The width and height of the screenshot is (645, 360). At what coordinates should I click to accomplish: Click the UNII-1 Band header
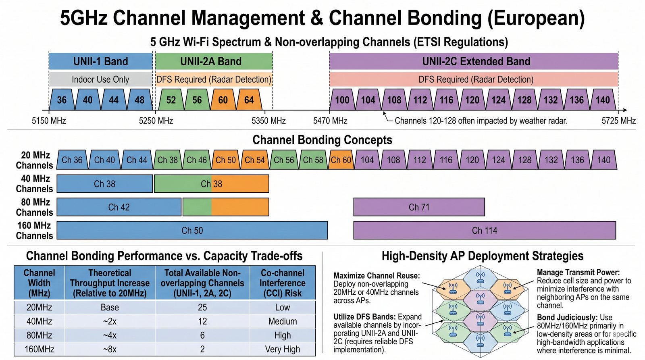click(x=100, y=61)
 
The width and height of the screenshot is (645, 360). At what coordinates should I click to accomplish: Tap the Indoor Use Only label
click(x=100, y=79)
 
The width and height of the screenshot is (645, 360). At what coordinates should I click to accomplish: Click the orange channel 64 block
click(x=249, y=100)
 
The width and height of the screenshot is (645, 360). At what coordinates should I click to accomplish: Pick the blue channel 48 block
click(x=139, y=100)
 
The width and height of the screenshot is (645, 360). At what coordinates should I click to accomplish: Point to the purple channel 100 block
click(x=342, y=100)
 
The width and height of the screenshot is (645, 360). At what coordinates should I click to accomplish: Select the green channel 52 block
click(x=171, y=100)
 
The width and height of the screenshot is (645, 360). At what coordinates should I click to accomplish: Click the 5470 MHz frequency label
click(x=330, y=121)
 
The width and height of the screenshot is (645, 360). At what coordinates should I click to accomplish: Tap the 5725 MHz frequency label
click(x=618, y=121)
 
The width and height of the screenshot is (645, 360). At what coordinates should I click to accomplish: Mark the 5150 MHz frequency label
click(x=49, y=121)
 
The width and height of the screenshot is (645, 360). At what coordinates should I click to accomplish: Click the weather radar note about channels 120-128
click(x=481, y=121)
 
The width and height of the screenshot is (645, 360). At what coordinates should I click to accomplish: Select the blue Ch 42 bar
click(x=119, y=207)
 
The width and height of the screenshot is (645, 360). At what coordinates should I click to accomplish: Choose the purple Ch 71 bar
click(x=419, y=207)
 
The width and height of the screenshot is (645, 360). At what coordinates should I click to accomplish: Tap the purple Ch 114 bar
click(x=485, y=231)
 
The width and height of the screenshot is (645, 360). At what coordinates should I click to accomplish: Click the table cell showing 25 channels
click(x=202, y=307)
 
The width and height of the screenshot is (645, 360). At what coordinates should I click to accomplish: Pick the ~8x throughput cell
click(x=110, y=349)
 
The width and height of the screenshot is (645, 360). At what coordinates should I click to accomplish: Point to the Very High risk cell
click(x=282, y=349)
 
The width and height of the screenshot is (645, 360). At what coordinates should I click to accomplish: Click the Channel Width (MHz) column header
click(x=39, y=283)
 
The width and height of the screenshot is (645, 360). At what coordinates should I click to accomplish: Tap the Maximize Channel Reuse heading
click(x=377, y=276)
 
